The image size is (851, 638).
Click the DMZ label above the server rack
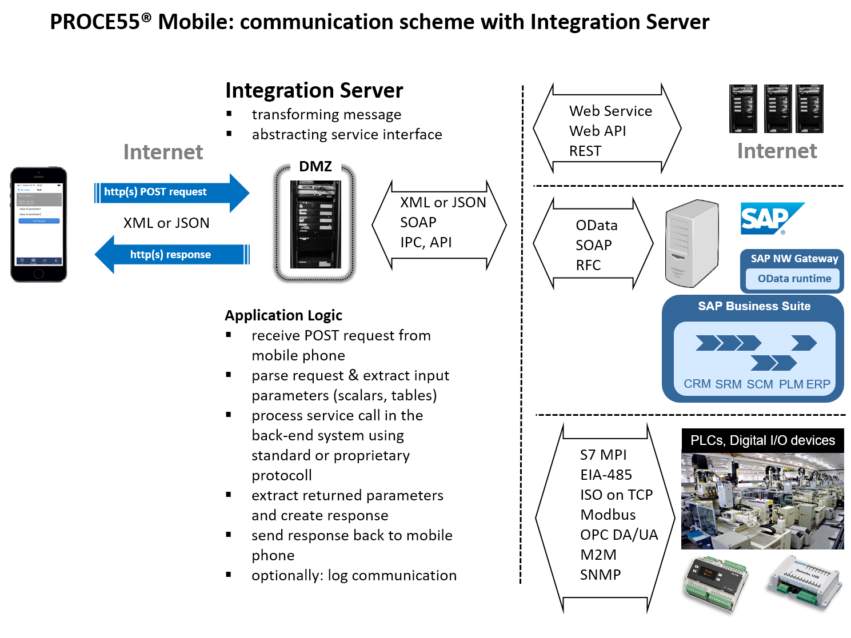click(x=315, y=166)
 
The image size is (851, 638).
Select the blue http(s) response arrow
click(x=171, y=255)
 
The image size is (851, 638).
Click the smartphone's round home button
click(x=38, y=274)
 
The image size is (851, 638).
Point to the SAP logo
click(x=772, y=219)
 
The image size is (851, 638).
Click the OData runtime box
click(x=794, y=279)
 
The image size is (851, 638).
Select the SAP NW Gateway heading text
click(x=794, y=259)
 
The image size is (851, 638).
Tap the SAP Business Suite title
click(x=754, y=306)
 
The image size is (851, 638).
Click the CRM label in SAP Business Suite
click(x=697, y=384)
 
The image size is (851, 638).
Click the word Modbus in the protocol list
click(x=608, y=515)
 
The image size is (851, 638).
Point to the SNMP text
click(x=600, y=575)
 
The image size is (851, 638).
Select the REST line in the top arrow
click(x=585, y=151)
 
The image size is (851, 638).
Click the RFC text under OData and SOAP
click(x=588, y=265)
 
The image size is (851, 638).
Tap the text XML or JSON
click(x=443, y=202)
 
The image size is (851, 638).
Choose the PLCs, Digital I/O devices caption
click(x=762, y=440)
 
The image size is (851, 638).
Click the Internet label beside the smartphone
click(x=163, y=152)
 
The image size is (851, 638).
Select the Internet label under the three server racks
click(x=777, y=151)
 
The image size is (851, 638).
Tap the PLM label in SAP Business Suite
click(x=791, y=384)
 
